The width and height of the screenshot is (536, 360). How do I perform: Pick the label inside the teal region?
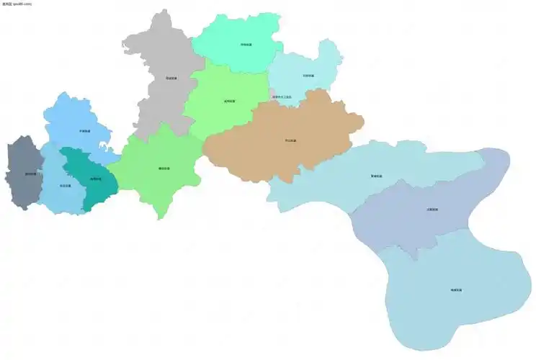click(95, 179)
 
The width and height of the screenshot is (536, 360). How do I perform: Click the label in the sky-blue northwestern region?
click(84, 131)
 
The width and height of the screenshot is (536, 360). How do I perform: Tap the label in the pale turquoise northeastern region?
click(308, 75)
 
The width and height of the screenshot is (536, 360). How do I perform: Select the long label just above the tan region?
click(282, 97)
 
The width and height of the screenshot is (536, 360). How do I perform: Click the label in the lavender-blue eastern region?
click(432, 210)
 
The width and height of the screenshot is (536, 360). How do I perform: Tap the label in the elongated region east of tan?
click(377, 175)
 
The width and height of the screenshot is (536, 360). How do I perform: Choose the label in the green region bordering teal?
click(164, 168)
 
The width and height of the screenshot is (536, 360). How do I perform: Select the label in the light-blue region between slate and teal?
click(65, 185)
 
